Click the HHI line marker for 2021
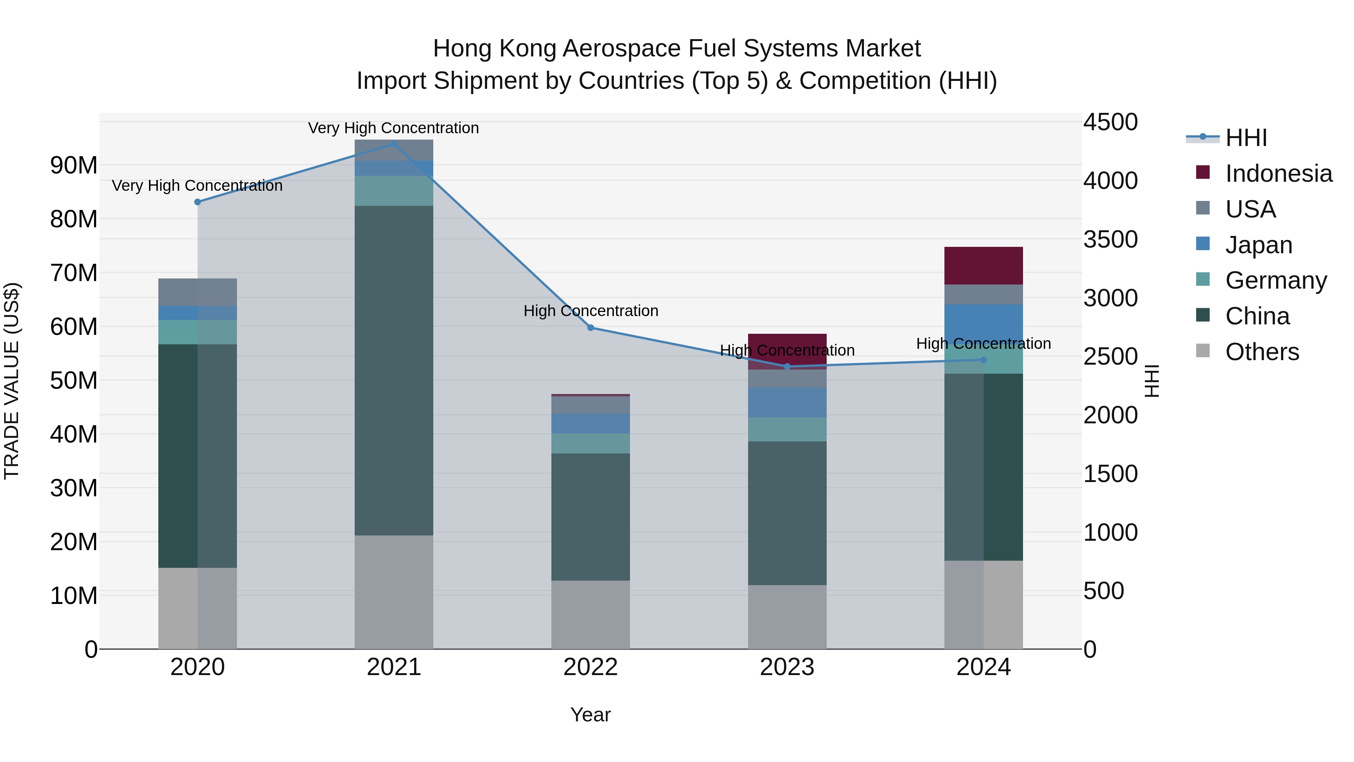[x=394, y=144]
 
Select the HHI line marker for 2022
[x=590, y=328]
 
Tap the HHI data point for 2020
[x=197, y=202]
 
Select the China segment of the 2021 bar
[x=394, y=370]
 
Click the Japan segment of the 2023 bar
[x=787, y=403]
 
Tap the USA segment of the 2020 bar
[x=197, y=292]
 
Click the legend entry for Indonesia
[x=1278, y=173]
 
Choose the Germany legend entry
[x=1276, y=280]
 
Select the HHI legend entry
[x=1246, y=138]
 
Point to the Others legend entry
[x=1261, y=352]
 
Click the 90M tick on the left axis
[x=74, y=166]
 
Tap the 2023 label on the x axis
[x=787, y=667]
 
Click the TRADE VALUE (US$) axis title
[x=12, y=380]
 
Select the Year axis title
[x=590, y=715]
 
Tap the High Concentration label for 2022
[x=590, y=311]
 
